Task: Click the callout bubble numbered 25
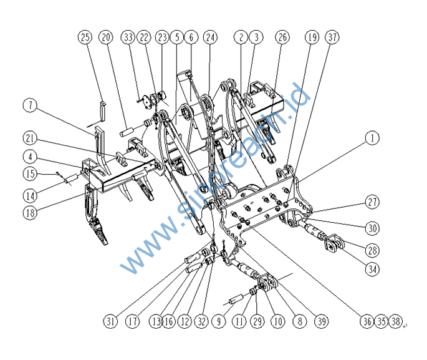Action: click(85, 37)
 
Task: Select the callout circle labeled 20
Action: click(106, 37)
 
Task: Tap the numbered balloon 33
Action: click(128, 37)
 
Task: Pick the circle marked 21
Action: click(31, 137)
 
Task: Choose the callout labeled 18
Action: click(31, 212)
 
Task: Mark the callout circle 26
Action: click(283, 37)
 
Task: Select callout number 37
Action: click(333, 37)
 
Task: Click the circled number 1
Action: click(372, 138)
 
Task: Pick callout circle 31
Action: click(111, 321)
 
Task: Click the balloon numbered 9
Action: click(218, 321)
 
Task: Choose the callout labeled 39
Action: click(322, 321)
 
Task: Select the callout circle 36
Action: click(366, 321)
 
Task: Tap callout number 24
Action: click(210, 37)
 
